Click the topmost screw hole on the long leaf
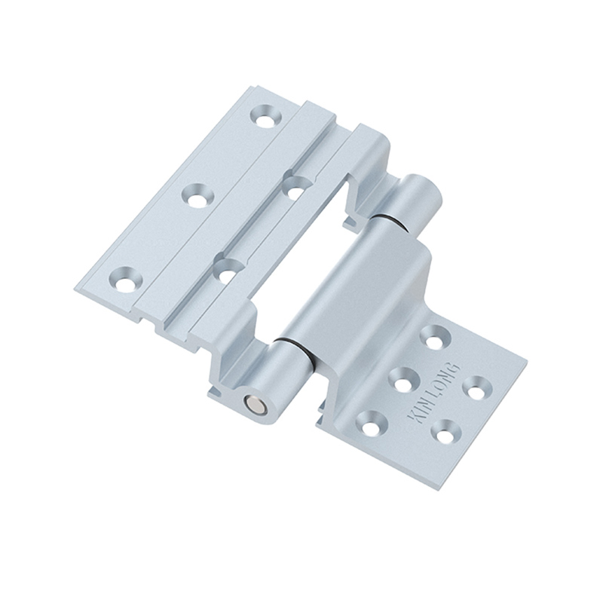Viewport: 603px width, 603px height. click(265, 118)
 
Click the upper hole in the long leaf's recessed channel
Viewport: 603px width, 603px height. click(296, 185)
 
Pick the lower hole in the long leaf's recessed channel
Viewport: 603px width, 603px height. click(227, 268)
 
